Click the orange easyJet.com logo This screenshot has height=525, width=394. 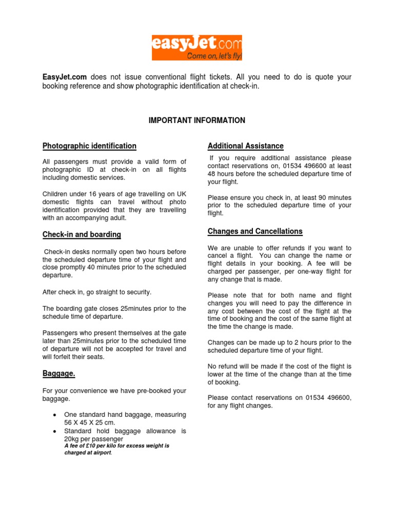pyautogui.click(x=196, y=48)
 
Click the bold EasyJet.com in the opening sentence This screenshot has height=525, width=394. pyautogui.click(x=64, y=77)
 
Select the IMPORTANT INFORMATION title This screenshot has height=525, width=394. pyautogui.click(x=197, y=120)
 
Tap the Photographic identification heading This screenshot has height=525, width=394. pyautogui.click(x=89, y=146)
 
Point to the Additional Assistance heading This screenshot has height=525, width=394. pyautogui.click(x=246, y=146)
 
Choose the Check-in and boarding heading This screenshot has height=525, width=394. pyautogui.click(x=82, y=235)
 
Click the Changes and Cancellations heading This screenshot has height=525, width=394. pyautogui.click(x=255, y=231)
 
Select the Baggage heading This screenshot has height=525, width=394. pyautogui.click(x=58, y=374)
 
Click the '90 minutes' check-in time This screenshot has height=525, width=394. pyautogui.click(x=328, y=197)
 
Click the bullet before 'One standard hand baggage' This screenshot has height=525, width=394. pyautogui.click(x=54, y=415)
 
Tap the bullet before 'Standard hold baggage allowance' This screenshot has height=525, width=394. pyautogui.click(x=54, y=432)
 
